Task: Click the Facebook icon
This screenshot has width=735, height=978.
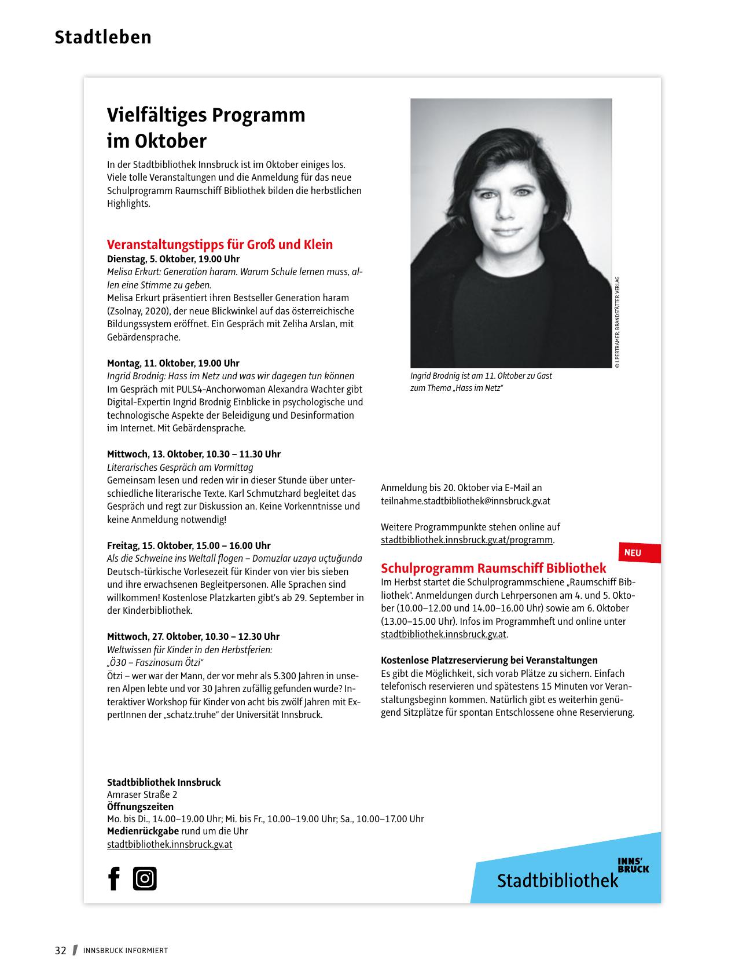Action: (114, 878)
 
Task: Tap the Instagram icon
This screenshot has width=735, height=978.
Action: (145, 878)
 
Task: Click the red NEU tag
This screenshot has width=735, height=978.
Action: (633, 553)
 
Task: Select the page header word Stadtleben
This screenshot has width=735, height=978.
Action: (103, 37)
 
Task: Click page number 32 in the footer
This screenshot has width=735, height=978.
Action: (61, 950)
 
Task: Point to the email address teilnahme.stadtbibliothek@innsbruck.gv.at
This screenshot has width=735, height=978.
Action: (465, 501)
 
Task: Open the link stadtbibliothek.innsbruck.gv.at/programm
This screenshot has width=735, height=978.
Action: (466, 540)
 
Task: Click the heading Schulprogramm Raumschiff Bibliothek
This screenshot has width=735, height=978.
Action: (493, 568)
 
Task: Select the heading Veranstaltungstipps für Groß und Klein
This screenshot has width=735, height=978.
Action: (220, 244)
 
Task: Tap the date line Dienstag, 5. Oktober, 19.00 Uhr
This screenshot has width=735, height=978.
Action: (173, 259)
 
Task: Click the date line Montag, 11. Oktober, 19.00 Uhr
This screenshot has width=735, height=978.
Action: (173, 363)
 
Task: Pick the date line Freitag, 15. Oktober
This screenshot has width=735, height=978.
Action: (189, 545)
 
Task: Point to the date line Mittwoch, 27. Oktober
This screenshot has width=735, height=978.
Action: (193, 636)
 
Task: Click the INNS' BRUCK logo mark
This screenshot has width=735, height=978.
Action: (633, 865)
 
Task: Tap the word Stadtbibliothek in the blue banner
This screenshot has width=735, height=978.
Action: (557, 881)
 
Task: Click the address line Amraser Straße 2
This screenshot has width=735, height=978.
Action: (142, 794)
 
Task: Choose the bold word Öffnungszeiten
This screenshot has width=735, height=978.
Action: (140, 807)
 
